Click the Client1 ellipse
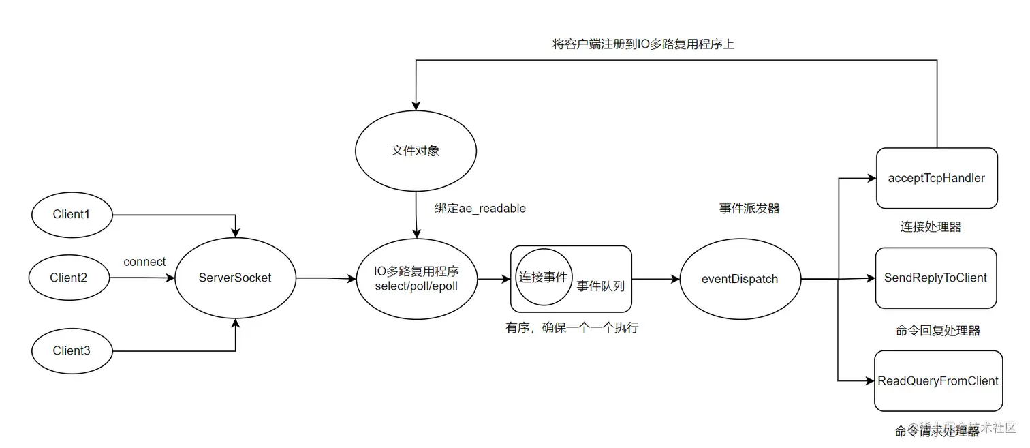pyautogui.click(x=72, y=214)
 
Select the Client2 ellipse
pyautogui.click(x=69, y=278)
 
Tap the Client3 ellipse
pyautogui.click(x=72, y=350)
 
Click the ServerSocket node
pyautogui.click(x=235, y=278)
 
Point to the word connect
pyautogui.click(x=144, y=262)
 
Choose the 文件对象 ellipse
pyautogui.click(x=415, y=151)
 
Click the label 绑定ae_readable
pyautogui.click(x=480, y=209)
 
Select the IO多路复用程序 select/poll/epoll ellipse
pyautogui.click(x=416, y=278)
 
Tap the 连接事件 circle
pyautogui.click(x=543, y=278)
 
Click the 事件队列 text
pyautogui.click(x=601, y=286)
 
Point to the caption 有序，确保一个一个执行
pyautogui.click(x=572, y=328)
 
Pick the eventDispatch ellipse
pyautogui.click(x=740, y=278)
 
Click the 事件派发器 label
pyautogui.click(x=749, y=209)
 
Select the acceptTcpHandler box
pyautogui.click(x=937, y=178)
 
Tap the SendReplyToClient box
pyautogui.click(x=936, y=278)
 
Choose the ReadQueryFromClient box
pyautogui.click(x=938, y=380)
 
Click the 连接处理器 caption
pyautogui.click(x=931, y=227)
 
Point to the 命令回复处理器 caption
pyautogui.click(x=938, y=331)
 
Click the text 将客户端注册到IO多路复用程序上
pyautogui.click(x=643, y=44)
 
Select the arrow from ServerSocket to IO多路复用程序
pyautogui.click(x=326, y=278)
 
